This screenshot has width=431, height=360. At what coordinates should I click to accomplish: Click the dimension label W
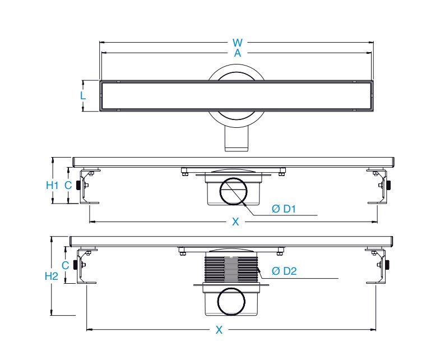pos(238,43)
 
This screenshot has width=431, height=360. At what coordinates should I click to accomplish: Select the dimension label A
pos(238,53)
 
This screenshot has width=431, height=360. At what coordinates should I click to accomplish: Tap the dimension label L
pos(83,95)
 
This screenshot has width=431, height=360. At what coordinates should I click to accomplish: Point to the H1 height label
pos(52,186)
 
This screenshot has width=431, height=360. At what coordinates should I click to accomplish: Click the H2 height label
pos(52,276)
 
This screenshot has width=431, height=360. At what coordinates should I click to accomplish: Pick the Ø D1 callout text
pos(284,209)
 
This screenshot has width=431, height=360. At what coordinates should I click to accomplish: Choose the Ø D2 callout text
pos(284,271)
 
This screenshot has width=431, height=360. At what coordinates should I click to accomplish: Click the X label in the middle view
pos(235,221)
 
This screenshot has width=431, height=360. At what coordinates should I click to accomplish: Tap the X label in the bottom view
pos(219,330)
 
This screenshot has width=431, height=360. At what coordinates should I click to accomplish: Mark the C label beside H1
pos(68,186)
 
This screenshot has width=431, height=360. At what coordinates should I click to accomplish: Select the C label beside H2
pos(65,265)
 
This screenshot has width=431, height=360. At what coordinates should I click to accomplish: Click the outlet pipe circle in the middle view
pos(233,191)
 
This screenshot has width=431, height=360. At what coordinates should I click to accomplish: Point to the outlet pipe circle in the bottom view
pos(231,301)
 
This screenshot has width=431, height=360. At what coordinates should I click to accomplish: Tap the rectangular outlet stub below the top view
pos(237,139)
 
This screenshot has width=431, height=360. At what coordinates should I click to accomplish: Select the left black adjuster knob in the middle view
pos(78,186)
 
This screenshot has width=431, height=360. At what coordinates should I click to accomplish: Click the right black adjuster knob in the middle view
pos(388,185)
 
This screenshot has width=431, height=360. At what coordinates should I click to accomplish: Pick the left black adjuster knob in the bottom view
pos(75,265)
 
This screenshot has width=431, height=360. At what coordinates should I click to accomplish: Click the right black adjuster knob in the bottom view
pos(387,265)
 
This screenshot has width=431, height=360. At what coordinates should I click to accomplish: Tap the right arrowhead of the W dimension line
pos(372,43)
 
